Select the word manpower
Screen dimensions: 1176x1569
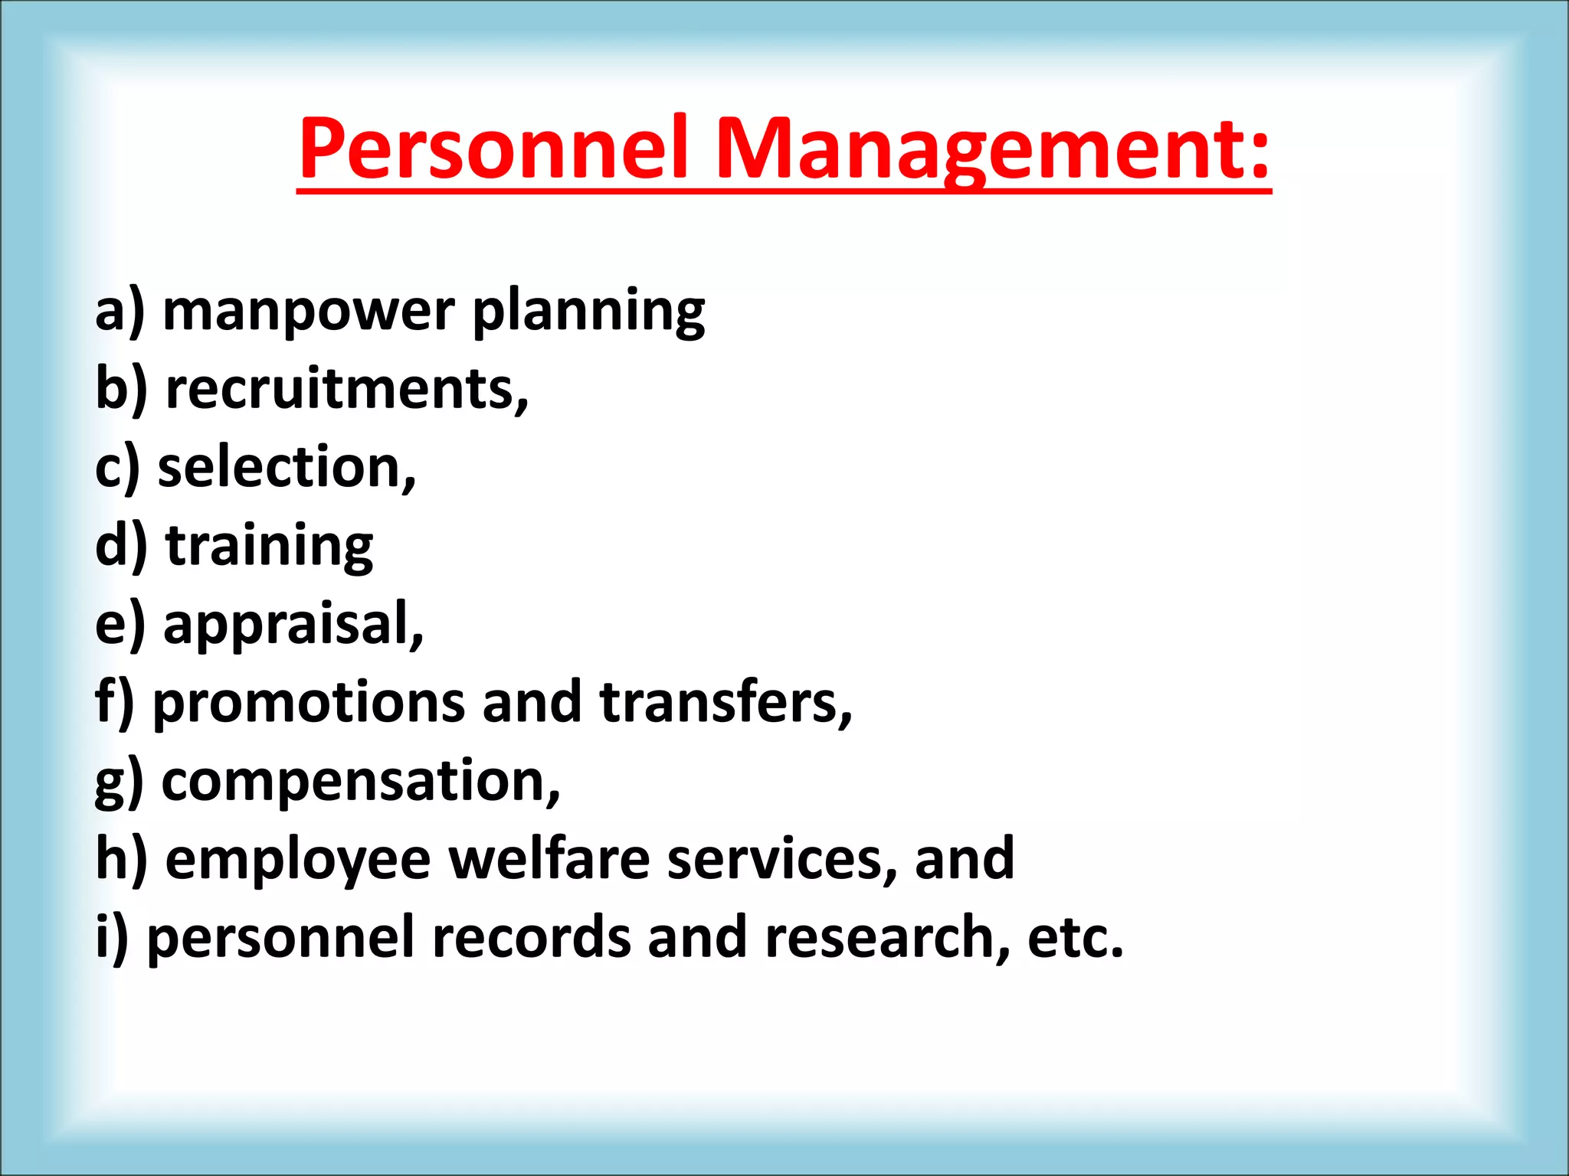click(309, 312)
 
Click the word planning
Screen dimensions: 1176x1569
click(588, 312)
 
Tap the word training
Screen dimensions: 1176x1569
click(269, 547)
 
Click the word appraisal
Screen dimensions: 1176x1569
click(293, 625)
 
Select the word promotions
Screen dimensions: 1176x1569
click(309, 703)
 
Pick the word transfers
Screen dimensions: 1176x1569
click(725, 703)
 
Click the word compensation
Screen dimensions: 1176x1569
click(360, 782)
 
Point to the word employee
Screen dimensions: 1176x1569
click(298, 861)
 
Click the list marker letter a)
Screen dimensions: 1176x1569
click(120, 312)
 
